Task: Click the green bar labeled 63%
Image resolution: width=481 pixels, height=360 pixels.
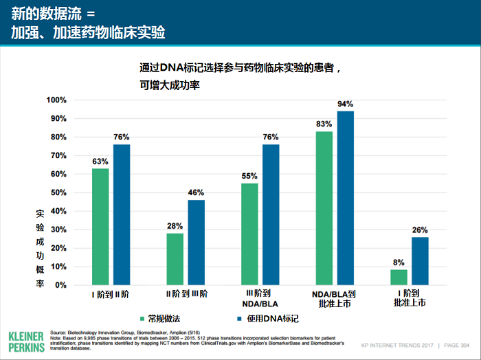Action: (x=100, y=226)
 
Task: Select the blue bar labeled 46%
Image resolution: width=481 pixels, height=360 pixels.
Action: (x=197, y=242)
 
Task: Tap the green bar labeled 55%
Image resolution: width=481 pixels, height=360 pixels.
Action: (x=249, y=234)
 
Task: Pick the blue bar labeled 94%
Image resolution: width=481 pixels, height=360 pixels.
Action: (x=345, y=198)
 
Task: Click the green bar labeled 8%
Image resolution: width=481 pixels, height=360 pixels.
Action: (x=399, y=277)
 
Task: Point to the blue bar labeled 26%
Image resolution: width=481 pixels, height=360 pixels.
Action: (x=420, y=260)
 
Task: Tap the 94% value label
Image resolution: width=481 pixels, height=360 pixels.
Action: (x=345, y=104)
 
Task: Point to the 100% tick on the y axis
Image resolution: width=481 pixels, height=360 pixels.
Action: (x=56, y=100)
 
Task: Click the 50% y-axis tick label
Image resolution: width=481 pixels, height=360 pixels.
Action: (x=58, y=192)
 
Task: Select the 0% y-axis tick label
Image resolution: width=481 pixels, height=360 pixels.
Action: (x=60, y=284)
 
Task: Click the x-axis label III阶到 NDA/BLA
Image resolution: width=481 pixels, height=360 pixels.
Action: (x=260, y=299)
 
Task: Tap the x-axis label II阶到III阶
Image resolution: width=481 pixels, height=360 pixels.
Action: (x=185, y=294)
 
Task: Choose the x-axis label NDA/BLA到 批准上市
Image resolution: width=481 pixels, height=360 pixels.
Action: (x=335, y=299)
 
